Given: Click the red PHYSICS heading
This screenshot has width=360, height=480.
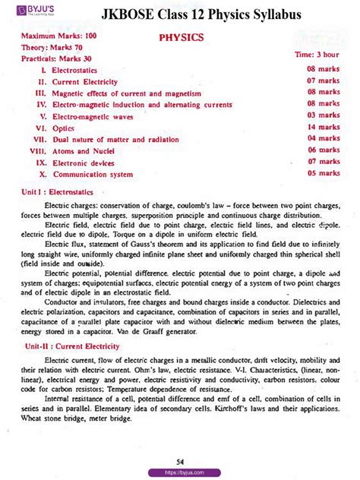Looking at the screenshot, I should click(x=180, y=36).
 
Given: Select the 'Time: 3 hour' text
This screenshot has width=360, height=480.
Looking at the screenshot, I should click(x=317, y=55).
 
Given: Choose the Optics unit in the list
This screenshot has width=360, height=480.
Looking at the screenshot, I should click(x=63, y=128).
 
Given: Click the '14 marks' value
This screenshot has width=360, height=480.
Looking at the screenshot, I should click(x=323, y=128).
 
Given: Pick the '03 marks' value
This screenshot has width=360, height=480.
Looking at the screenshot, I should click(x=323, y=115).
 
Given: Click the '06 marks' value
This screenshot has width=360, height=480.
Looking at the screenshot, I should click(x=323, y=150).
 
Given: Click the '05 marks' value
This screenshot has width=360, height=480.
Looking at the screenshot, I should click(x=323, y=173).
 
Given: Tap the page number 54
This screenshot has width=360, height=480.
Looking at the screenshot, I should click(x=180, y=461).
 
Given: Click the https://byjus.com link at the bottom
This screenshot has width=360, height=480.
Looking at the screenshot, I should click(x=181, y=472).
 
